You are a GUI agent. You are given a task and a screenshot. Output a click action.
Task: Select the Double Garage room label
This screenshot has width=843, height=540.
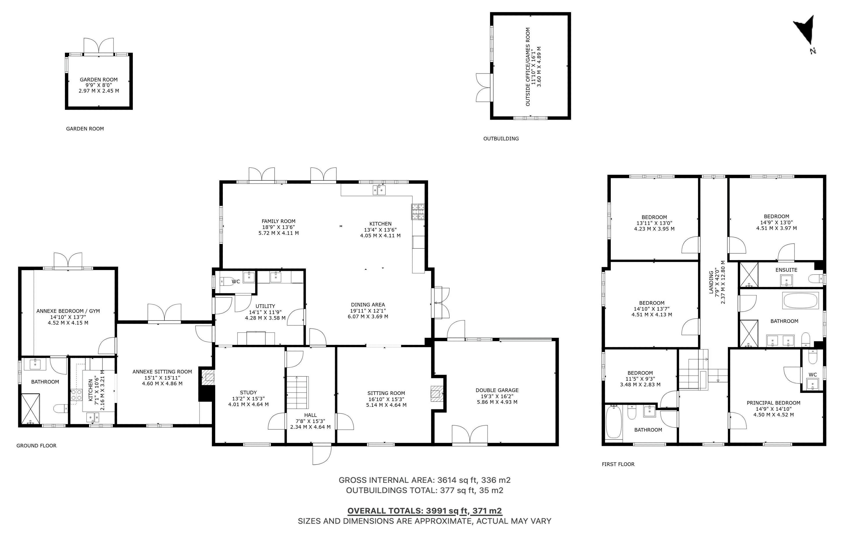tap(497, 390)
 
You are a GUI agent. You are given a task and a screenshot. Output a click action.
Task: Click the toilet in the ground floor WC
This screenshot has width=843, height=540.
tap(228, 281)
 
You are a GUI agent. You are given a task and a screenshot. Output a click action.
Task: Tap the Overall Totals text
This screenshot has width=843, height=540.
tap(425, 511)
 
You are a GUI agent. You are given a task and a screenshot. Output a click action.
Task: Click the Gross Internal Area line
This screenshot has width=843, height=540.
tap(425, 480)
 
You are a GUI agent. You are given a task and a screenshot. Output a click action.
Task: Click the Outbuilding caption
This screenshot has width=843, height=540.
tap(501, 139)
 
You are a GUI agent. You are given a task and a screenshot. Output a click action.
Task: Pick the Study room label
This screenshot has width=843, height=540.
tap(248, 392)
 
